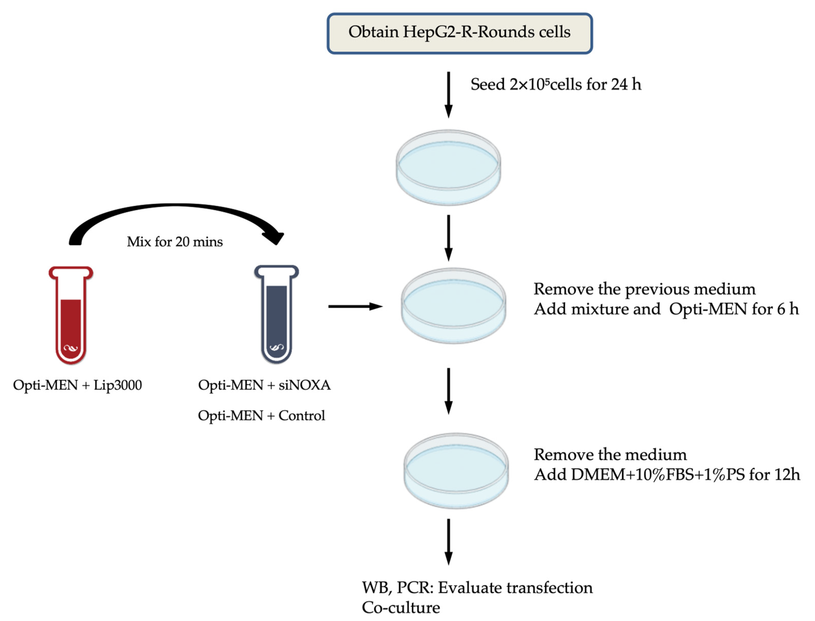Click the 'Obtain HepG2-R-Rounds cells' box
tap(460, 33)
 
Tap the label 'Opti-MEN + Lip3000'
tap(77, 385)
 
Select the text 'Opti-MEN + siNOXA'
tap(264, 385)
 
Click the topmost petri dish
tap(448, 167)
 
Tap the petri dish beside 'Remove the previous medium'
tap(453, 306)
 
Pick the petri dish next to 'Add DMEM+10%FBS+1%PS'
tap(456, 471)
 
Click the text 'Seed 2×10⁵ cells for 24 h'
tap(556, 84)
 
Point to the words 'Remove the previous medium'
tap(644, 289)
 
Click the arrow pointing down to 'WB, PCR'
tap(448, 542)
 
